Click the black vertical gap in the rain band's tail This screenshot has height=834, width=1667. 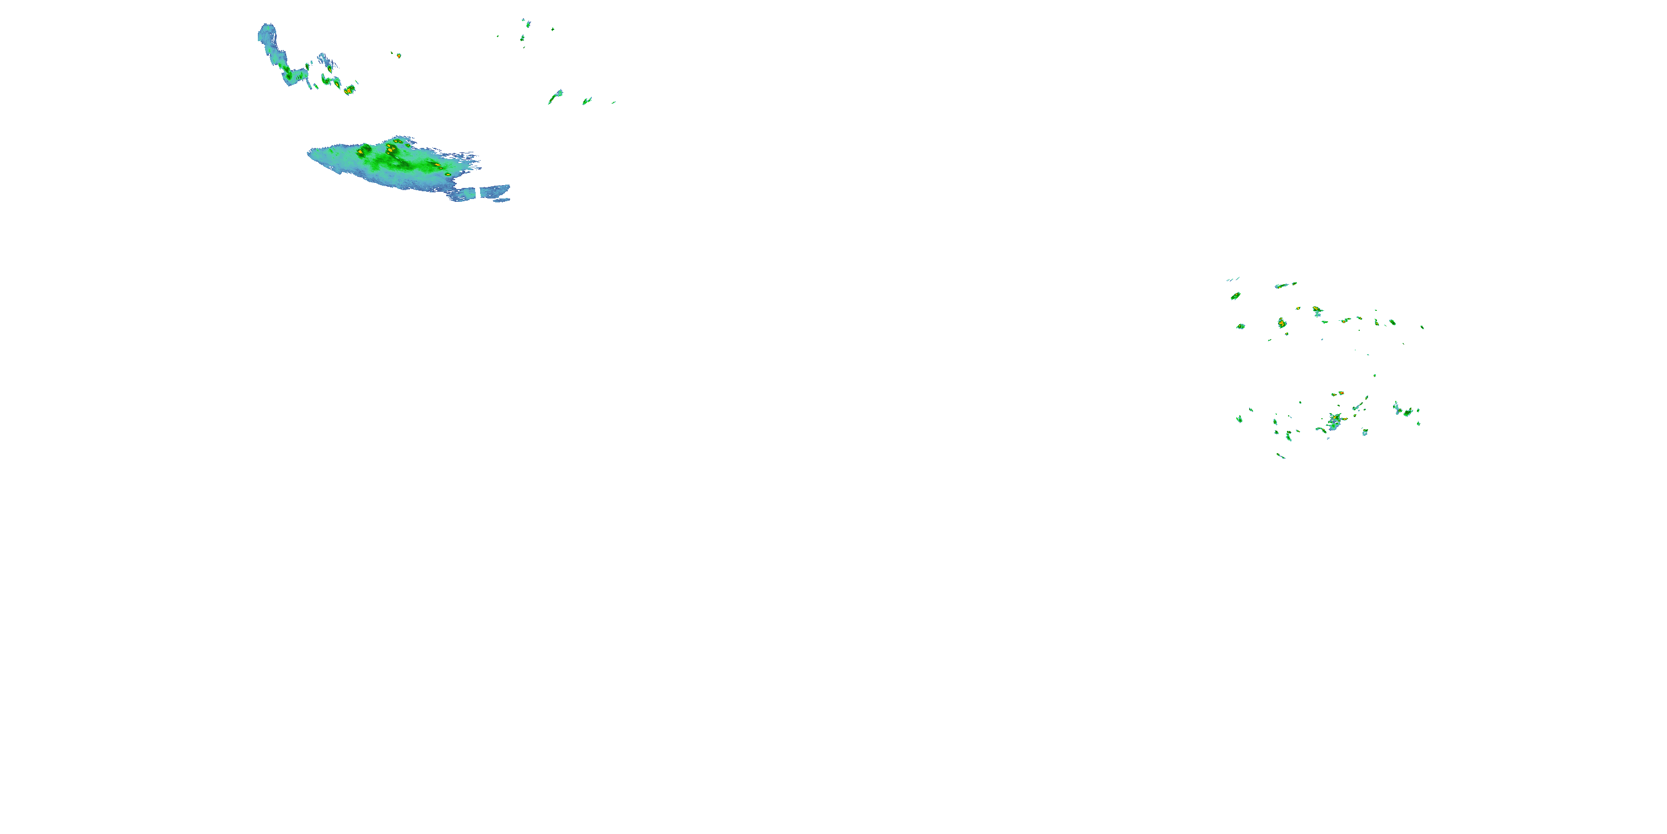(x=479, y=192)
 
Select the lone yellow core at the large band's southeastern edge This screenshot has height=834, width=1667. (x=447, y=174)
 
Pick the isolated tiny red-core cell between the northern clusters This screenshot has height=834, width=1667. (x=398, y=56)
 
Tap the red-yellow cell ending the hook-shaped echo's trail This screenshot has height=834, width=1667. (x=350, y=90)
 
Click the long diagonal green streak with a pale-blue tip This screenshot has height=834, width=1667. (x=555, y=97)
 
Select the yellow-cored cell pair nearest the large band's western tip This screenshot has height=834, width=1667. (x=361, y=152)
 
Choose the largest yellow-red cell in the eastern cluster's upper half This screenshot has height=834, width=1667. (x=1281, y=322)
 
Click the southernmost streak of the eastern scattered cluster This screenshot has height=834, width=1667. (x=1281, y=456)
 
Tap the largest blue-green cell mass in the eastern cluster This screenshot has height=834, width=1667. (x=1333, y=422)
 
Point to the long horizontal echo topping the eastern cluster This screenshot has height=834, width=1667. (x=1285, y=284)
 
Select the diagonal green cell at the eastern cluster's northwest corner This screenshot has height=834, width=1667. (x=1235, y=296)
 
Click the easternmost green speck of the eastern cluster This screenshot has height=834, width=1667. (x=1422, y=327)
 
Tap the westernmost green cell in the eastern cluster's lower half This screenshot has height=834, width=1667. (x=1239, y=419)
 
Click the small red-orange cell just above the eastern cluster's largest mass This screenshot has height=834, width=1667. (x=1340, y=393)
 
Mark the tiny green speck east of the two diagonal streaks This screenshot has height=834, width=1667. (x=613, y=102)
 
